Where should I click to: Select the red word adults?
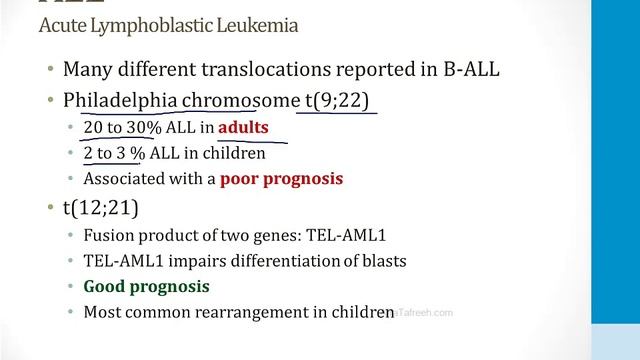243,128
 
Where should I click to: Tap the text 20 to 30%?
115,128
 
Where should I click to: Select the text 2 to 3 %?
114,153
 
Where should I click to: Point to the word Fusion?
109,236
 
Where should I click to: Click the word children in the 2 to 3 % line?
236,153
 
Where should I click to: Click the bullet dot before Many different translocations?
49,71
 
